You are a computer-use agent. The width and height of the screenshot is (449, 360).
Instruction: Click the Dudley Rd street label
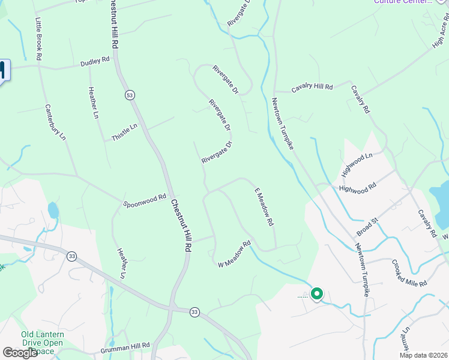pos(96,61)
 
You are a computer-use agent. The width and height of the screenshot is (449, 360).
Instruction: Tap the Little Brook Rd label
pos(38,37)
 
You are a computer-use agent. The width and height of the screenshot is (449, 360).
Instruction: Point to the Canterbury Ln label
pos(55,123)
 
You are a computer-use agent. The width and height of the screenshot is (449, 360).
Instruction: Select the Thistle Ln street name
pos(125,133)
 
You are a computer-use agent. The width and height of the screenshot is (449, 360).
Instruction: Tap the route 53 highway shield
pos(129,95)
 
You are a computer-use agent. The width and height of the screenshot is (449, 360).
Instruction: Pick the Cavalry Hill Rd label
pos(312,88)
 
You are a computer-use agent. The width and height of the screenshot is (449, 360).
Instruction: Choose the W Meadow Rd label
pos(234,254)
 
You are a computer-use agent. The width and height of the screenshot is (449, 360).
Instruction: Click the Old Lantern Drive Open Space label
pos(42,343)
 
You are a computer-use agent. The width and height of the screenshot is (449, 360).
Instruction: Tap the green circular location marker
pos(316,294)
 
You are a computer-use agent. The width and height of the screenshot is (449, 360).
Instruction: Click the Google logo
pos(20,353)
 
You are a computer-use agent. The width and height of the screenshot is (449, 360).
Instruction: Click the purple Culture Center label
pos(402,2)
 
